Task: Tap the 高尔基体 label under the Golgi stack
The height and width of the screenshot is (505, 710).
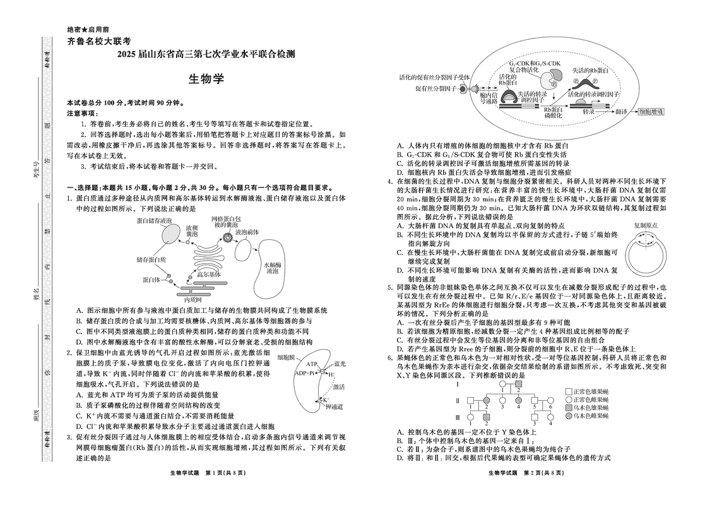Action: point(209,275)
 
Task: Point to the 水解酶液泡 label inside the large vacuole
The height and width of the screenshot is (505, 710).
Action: point(272,267)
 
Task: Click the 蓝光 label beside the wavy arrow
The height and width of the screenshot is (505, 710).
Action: point(340,364)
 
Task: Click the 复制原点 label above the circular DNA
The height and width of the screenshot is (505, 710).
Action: point(648,225)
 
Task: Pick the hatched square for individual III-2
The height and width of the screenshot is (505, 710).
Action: point(487,417)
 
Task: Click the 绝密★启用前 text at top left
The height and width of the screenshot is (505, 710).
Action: point(87,30)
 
